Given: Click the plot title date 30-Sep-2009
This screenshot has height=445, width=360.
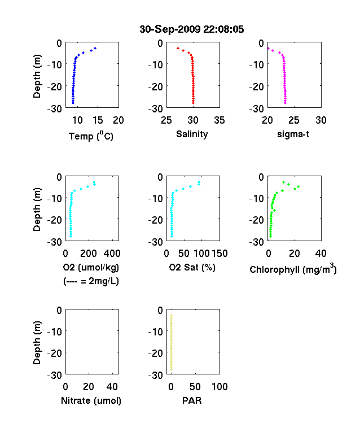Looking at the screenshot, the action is (x=170, y=29).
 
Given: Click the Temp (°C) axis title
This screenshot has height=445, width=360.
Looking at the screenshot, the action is (x=91, y=136).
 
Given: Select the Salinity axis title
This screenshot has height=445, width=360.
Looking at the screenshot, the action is (x=192, y=134).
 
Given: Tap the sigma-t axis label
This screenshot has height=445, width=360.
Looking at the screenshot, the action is (x=293, y=134).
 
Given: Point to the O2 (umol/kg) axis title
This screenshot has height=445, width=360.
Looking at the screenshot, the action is (x=91, y=267).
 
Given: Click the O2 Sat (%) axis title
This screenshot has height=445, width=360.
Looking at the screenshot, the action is (x=192, y=267).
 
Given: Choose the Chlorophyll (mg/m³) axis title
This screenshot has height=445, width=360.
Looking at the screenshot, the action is (x=293, y=268).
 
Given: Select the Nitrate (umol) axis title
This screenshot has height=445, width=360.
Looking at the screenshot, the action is (x=91, y=400).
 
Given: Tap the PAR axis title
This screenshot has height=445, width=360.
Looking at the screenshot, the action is (x=192, y=400).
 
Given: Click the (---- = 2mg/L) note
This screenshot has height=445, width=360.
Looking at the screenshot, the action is (x=91, y=281).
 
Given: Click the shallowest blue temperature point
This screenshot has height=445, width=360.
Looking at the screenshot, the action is (x=95, y=48).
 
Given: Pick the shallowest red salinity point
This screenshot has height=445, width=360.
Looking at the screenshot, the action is (x=178, y=48).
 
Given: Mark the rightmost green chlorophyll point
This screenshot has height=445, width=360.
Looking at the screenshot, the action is (x=298, y=186).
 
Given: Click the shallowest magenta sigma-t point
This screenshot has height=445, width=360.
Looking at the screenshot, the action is (x=269, y=48).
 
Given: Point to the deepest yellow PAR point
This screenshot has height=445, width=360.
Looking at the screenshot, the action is (x=171, y=369).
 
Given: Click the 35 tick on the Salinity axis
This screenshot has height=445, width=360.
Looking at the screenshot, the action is (x=219, y=120).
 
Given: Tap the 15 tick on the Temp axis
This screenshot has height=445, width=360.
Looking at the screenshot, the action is (x=98, y=120).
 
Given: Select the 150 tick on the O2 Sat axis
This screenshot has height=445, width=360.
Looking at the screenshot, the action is (x=219, y=254).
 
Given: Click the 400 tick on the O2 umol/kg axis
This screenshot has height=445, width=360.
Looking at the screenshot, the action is (x=112, y=254).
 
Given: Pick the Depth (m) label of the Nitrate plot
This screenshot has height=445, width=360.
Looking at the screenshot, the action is (x=37, y=343).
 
